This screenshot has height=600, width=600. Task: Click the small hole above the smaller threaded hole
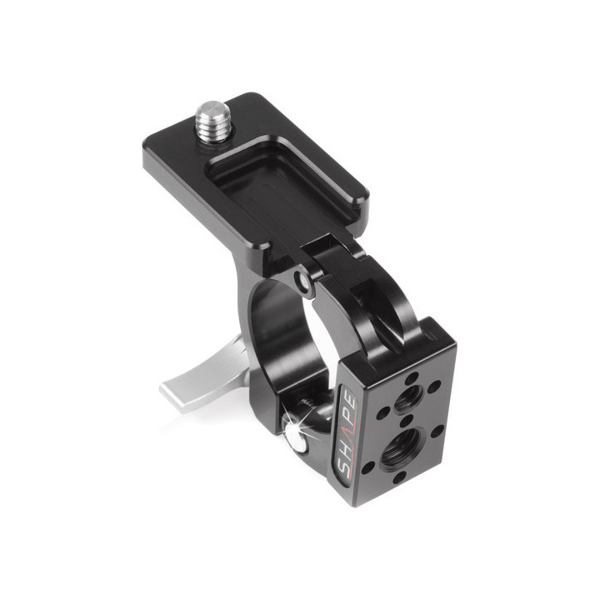point(412,376)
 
